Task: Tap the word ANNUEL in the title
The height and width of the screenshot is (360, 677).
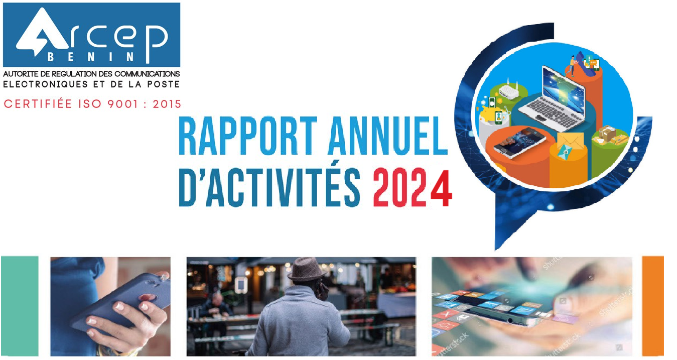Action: tap(388, 136)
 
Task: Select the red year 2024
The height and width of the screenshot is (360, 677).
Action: tap(413, 188)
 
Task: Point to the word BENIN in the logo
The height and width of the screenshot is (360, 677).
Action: tap(91, 57)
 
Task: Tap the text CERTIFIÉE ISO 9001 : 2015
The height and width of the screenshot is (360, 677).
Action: tap(92, 104)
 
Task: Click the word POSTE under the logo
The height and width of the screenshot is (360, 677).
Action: tap(164, 84)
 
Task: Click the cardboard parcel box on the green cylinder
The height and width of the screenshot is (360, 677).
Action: tap(607, 133)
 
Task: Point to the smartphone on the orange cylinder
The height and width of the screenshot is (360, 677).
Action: tap(519, 143)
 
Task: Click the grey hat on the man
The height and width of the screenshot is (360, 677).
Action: tap(307, 269)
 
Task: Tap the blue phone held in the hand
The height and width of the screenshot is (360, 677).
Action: tap(121, 302)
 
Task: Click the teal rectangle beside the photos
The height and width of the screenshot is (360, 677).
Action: tap(20, 306)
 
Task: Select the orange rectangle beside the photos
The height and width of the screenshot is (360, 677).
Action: tap(653, 306)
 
